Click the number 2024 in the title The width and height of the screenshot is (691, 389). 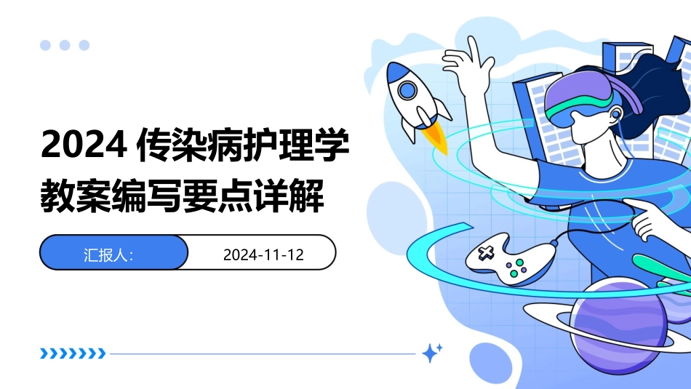click(80, 145)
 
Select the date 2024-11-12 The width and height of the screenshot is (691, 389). click(263, 254)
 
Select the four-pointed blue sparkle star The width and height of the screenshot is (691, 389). click(432, 353)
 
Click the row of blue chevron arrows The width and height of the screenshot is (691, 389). click(73, 354)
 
